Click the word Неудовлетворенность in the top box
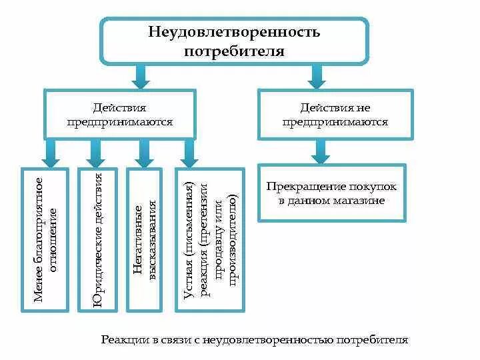click(234, 31)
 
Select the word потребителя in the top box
click(234, 51)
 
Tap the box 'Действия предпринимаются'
click(120, 115)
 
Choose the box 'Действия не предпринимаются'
click(335, 115)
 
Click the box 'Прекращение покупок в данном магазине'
click(331, 193)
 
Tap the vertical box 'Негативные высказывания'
click(145, 240)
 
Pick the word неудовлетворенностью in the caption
click(283, 340)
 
